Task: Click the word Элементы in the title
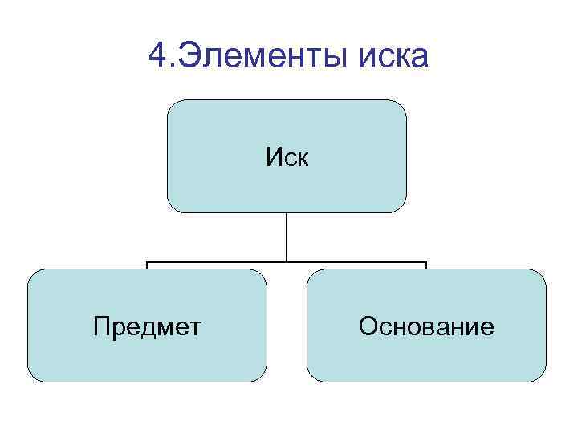coord(258,56)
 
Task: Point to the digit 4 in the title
coord(158,56)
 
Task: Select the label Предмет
coord(147,326)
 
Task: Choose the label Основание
coord(426,326)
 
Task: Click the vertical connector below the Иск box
coord(287,237)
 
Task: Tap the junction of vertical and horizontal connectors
coord(287,262)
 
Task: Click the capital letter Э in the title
coord(187,56)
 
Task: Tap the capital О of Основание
coord(368,326)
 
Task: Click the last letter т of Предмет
coord(196,328)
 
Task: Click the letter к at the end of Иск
coord(302,159)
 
